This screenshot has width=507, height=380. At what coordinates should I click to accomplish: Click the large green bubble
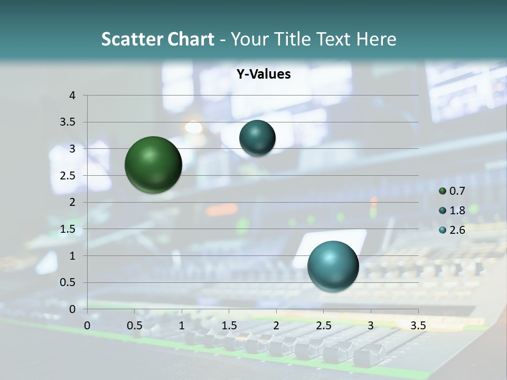point(153,165)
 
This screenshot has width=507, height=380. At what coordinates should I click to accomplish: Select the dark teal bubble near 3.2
point(257,138)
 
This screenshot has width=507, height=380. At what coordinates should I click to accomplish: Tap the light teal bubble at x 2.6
point(333,266)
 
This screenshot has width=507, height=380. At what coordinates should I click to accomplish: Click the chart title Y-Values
point(263,74)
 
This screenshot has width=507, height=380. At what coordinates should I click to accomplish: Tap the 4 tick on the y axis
point(72,96)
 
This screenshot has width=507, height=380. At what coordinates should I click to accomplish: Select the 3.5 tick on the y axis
point(68,122)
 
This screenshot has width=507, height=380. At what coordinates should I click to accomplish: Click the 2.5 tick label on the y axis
point(68,176)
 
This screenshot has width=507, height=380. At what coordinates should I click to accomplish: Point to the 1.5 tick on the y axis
point(68,229)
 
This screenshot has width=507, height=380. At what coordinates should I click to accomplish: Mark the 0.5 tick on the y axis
point(68,282)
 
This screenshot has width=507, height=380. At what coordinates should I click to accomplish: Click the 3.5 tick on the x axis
point(418,326)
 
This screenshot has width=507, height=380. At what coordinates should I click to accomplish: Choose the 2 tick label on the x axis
point(276,326)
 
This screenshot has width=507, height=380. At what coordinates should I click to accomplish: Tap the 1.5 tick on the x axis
point(229,326)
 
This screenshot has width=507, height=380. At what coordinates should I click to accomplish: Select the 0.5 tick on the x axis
point(134,326)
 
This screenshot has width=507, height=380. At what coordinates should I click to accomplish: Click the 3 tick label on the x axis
point(371,326)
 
